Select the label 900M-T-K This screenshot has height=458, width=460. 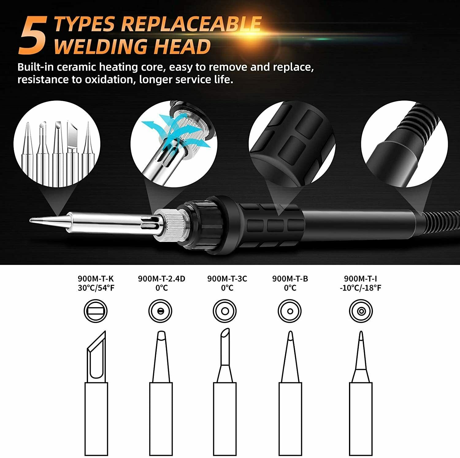tap(96, 279)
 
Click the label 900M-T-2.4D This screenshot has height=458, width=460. tap(162, 279)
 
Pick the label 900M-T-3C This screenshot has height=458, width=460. tap(227, 279)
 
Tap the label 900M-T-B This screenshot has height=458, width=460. tap(290, 279)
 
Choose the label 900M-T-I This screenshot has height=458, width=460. tap(361, 279)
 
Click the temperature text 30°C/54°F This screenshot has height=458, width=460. tap(96, 288)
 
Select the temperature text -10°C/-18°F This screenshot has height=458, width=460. tap(361, 288)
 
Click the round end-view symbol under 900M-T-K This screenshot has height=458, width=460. tap(96, 311)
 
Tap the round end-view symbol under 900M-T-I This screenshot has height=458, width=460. tap(361, 311)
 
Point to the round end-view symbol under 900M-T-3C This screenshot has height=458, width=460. tap(225, 311)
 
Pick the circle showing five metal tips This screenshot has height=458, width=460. tap(57, 144)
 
